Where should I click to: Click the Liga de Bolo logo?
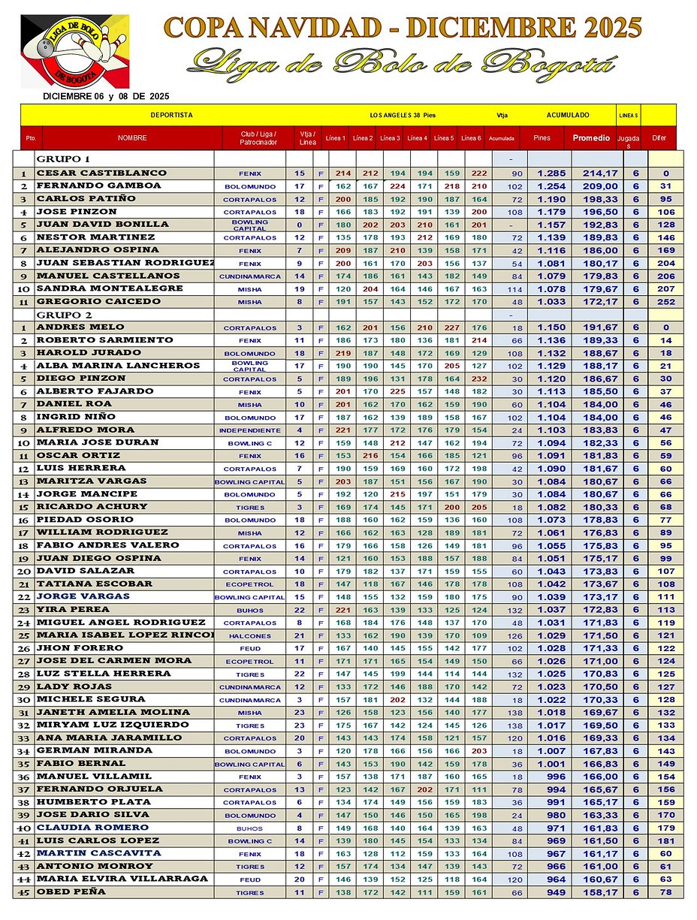tap(74, 51)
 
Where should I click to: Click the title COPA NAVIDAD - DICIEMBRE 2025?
tap(403, 28)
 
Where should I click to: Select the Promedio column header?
tap(591, 137)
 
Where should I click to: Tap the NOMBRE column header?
tap(132, 137)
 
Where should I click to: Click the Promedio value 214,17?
tap(600, 173)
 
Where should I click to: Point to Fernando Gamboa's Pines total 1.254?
tap(550, 186)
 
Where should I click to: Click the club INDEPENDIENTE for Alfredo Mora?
tap(249, 430)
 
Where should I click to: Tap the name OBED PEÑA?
tap(71, 891)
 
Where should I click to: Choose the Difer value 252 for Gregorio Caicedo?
tap(665, 301)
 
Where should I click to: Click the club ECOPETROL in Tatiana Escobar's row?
tap(249, 584)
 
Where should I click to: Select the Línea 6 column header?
tap(471, 137)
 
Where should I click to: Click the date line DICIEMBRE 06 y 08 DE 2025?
tap(106, 96)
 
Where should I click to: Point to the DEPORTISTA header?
tap(171, 115)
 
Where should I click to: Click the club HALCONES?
tap(249, 635)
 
